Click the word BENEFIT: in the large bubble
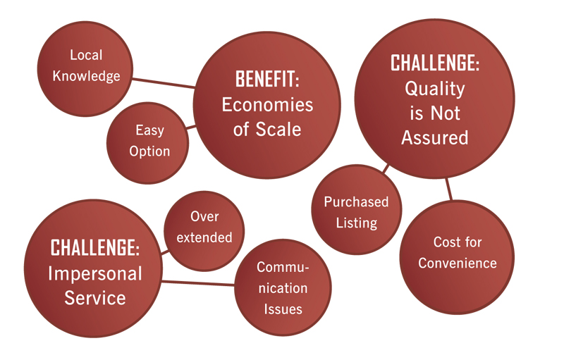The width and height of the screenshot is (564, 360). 267,79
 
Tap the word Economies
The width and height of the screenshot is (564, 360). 267,105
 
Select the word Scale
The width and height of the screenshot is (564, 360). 278,130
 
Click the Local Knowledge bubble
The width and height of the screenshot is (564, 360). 85,68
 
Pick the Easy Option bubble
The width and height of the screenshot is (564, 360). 147,143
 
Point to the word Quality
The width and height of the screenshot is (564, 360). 435,89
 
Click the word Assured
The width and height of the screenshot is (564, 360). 435,137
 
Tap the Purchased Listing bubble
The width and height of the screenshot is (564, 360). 357,210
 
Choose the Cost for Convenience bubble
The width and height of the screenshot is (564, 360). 457,257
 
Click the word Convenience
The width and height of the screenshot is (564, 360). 458,263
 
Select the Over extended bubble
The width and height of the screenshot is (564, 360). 204,231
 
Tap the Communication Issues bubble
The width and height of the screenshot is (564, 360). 283,287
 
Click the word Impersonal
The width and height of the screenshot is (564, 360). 95,274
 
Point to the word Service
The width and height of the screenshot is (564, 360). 95,298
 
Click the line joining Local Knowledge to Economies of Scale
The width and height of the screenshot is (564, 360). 164,83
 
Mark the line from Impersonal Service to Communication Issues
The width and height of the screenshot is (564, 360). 198,283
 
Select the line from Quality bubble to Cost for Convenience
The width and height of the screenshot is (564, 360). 448,189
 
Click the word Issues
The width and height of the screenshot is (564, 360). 283,309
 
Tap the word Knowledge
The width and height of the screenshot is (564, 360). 86,76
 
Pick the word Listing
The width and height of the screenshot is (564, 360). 357,223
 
